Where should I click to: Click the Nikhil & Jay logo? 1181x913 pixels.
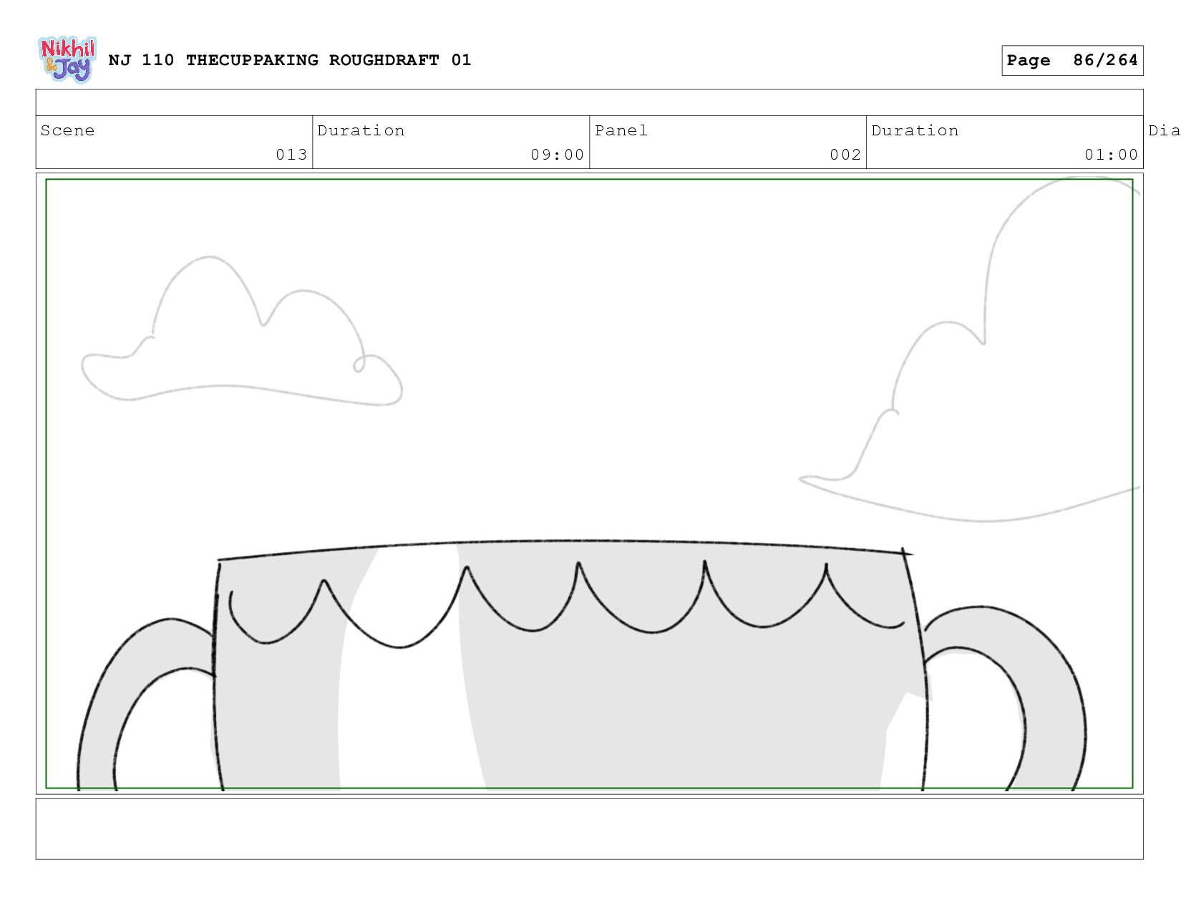pos(67,59)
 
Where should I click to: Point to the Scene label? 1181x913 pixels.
pos(67,130)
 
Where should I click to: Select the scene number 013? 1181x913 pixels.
pos(291,155)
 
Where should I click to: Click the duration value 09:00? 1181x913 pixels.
pos(557,155)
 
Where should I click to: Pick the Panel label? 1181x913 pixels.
pos(621,130)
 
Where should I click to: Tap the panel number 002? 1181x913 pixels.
pos(845,155)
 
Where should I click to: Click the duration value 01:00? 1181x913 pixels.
pos(1111,155)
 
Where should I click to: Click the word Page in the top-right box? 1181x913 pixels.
pos(1029,60)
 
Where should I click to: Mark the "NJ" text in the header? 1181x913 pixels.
pos(120,60)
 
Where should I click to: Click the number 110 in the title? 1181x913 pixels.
pos(157,60)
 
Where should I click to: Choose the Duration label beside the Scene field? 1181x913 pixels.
pos(361,130)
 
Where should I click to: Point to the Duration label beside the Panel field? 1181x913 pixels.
pos(915,130)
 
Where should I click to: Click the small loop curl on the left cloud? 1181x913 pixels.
pos(359,365)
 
